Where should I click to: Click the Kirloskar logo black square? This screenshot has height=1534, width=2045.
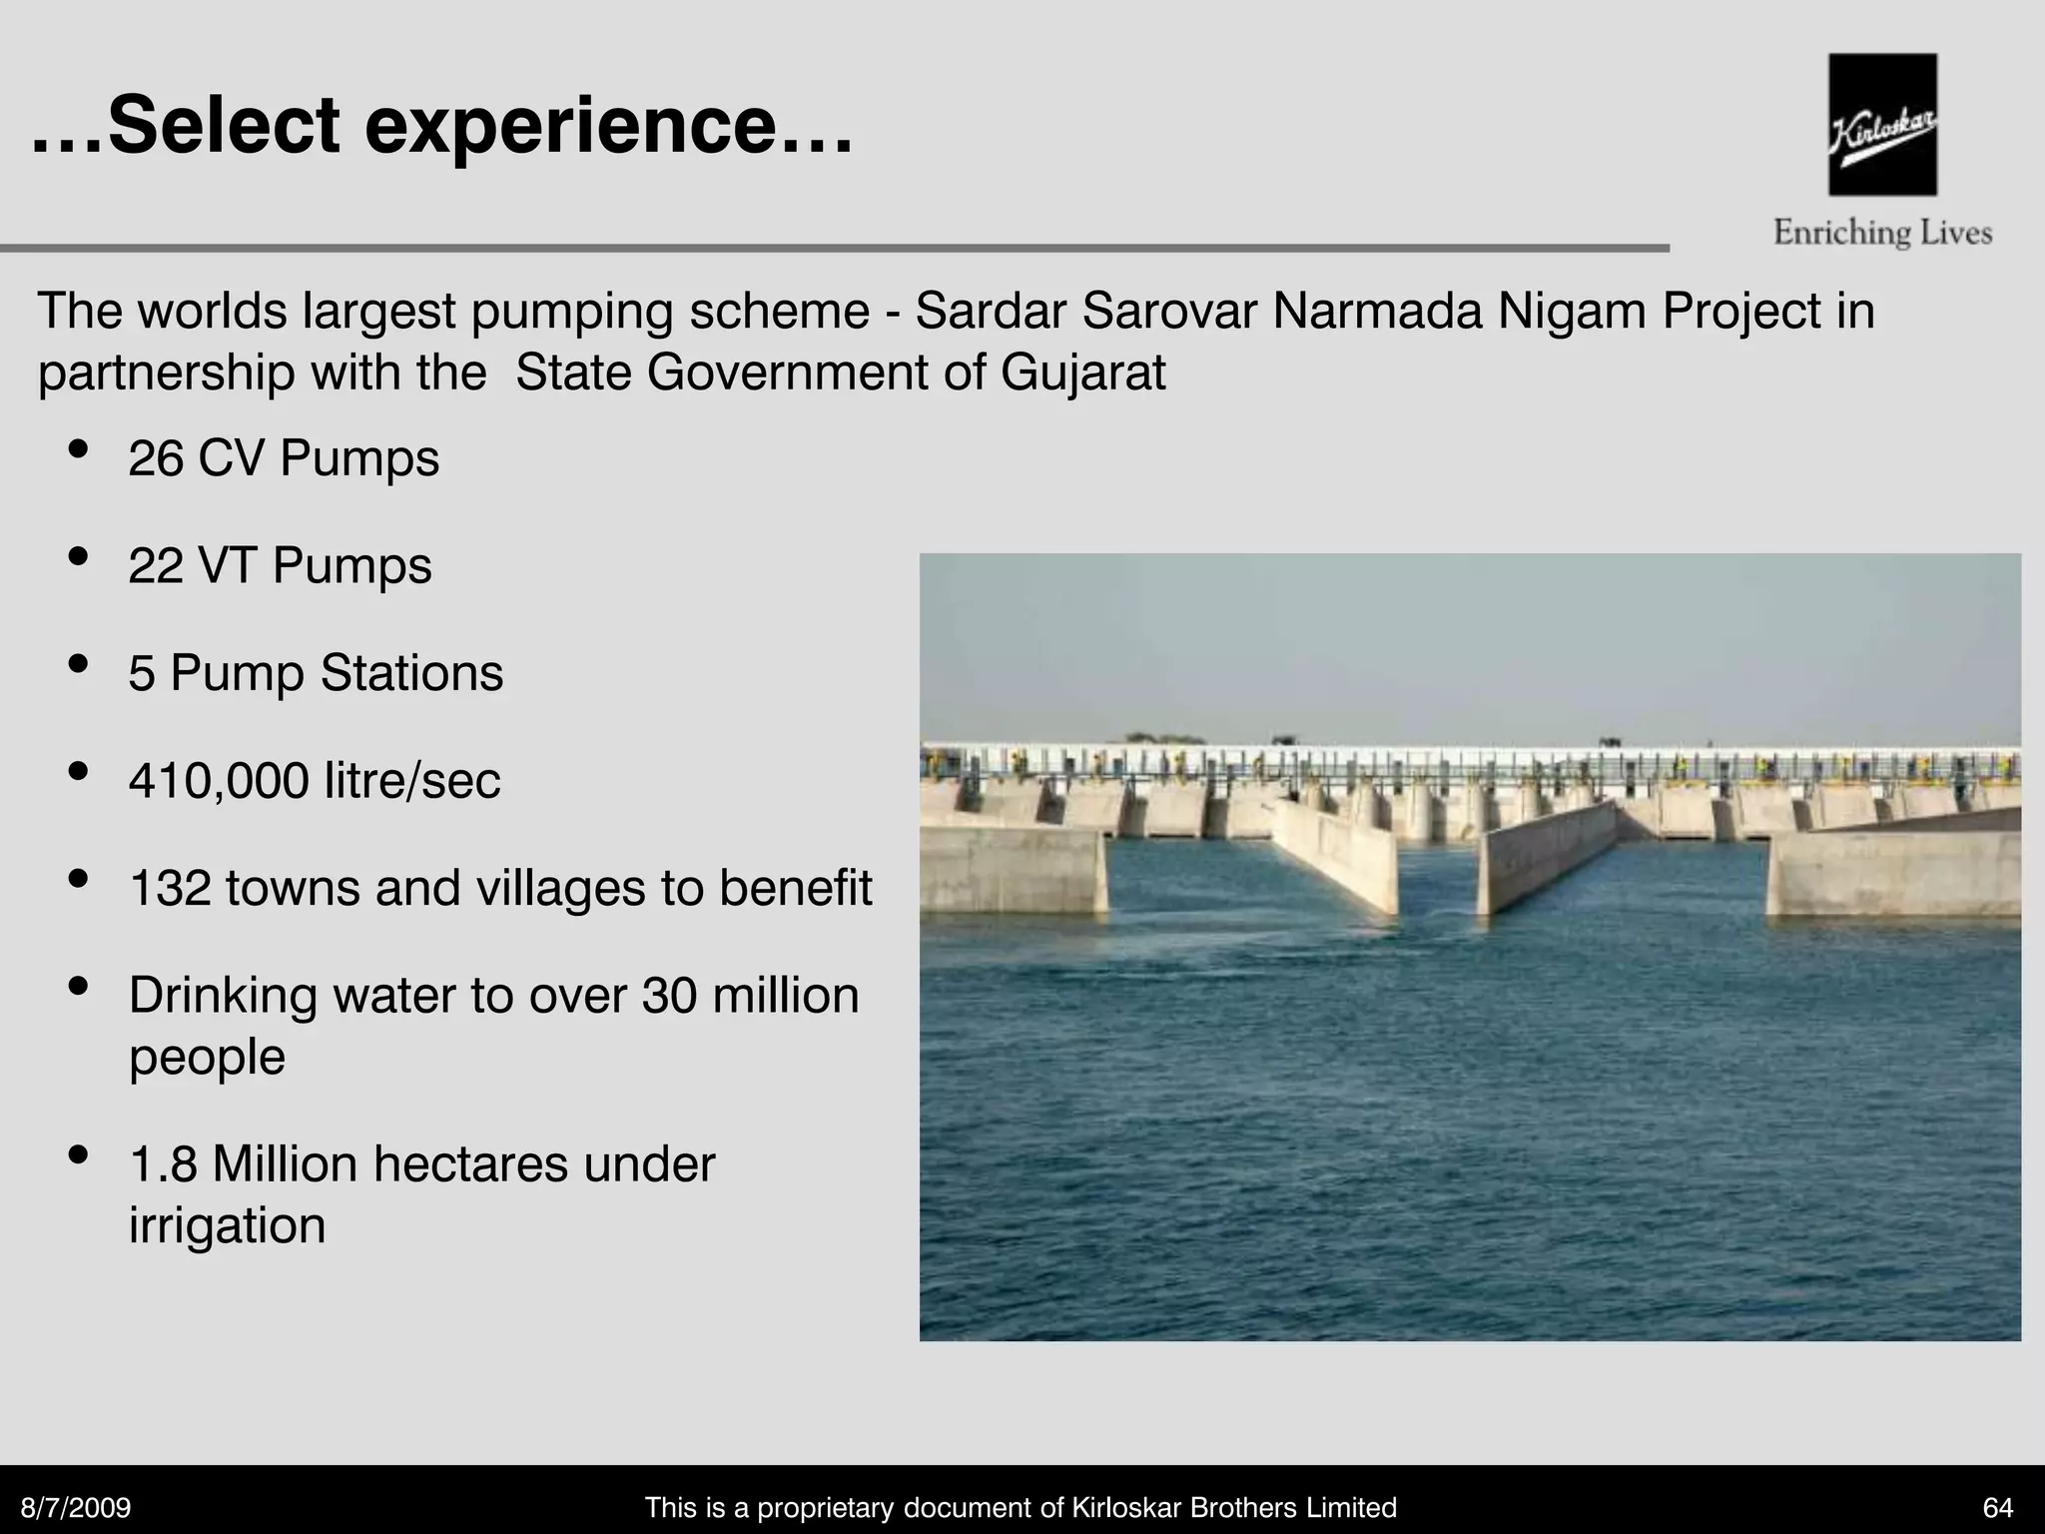(1882, 125)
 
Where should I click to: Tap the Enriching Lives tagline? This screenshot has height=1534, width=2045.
(1882, 234)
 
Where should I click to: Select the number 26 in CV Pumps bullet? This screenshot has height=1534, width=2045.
(156, 459)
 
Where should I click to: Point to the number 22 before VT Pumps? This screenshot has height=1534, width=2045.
(156, 566)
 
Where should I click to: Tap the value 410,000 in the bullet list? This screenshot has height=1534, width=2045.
(219, 781)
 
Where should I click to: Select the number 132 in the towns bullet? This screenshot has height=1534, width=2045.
(170, 888)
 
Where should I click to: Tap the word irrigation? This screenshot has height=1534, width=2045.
(228, 1225)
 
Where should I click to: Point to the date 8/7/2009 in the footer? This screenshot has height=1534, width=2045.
(77, 1508)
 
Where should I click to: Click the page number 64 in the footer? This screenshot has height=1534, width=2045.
(1998, 1508)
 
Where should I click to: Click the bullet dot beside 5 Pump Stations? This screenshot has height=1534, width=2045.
(78, 665)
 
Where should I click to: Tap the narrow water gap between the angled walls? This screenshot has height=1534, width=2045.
(1438, 879)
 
